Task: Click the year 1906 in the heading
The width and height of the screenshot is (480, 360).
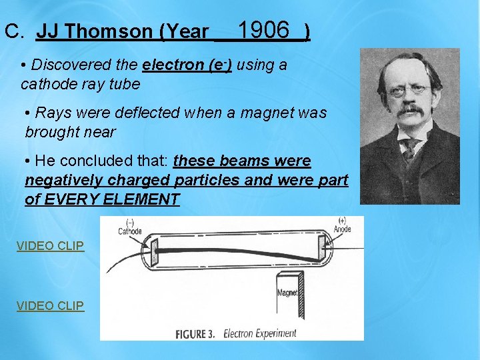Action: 263,30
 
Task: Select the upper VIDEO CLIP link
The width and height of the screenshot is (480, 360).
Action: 51,246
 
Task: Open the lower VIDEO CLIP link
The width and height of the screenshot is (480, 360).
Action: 51,306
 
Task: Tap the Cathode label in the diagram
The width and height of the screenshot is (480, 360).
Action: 129,231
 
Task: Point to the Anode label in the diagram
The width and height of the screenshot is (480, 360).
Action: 341,229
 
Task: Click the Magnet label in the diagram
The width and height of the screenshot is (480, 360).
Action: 287,293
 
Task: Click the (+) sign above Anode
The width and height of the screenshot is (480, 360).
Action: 342,221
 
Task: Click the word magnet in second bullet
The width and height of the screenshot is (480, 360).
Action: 255,113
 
